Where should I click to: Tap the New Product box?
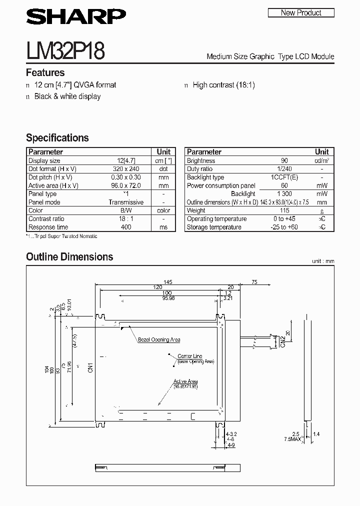[300, 12]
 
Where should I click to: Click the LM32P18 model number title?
[65, 51]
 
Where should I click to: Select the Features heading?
[45, 72]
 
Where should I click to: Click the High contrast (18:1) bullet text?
[223, 85]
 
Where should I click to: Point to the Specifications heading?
[57, 138]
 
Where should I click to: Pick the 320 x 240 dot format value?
[126, 169]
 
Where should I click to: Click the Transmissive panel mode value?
[126, 202]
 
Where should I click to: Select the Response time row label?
[48, 227]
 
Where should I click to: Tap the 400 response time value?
[126, 227]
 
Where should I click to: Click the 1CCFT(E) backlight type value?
[284, 177]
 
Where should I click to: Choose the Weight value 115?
[284, 210]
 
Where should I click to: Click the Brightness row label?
[201, 161]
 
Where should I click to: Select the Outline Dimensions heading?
[69, 257]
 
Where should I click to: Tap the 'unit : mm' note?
[322, 261]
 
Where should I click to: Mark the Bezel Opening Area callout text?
[159, 339]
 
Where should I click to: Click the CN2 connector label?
[282, 342]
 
